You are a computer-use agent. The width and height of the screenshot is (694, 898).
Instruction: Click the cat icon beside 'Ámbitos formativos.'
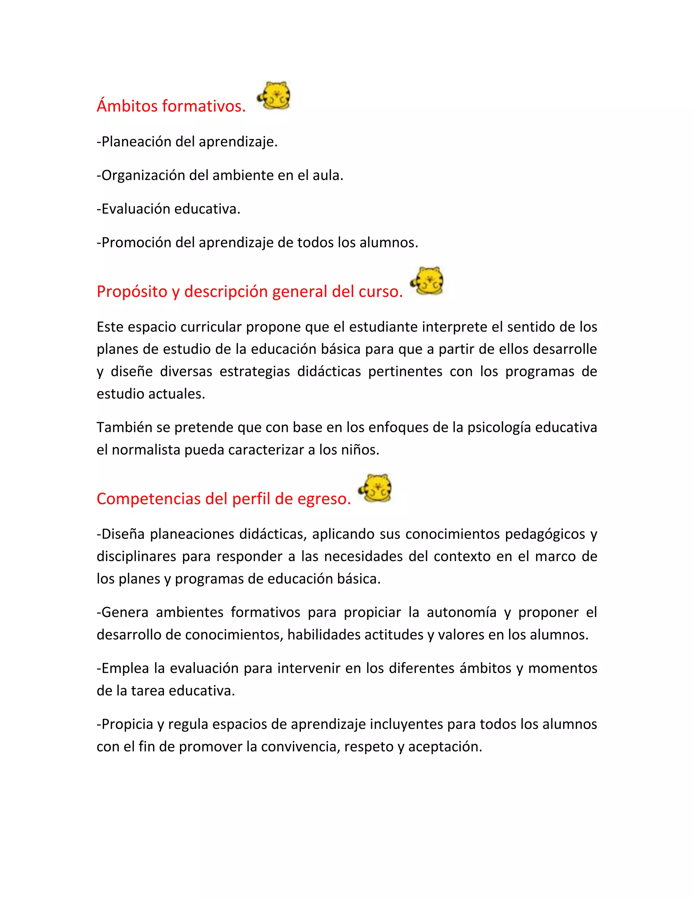274,96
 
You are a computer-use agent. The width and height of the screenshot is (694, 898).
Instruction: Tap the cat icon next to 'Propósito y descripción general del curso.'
428,281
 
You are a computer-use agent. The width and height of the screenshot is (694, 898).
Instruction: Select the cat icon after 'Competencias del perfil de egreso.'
376,488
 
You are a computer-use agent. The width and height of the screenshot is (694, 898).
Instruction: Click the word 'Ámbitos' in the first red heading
127,106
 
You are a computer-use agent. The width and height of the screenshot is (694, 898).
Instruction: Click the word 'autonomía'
461,612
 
